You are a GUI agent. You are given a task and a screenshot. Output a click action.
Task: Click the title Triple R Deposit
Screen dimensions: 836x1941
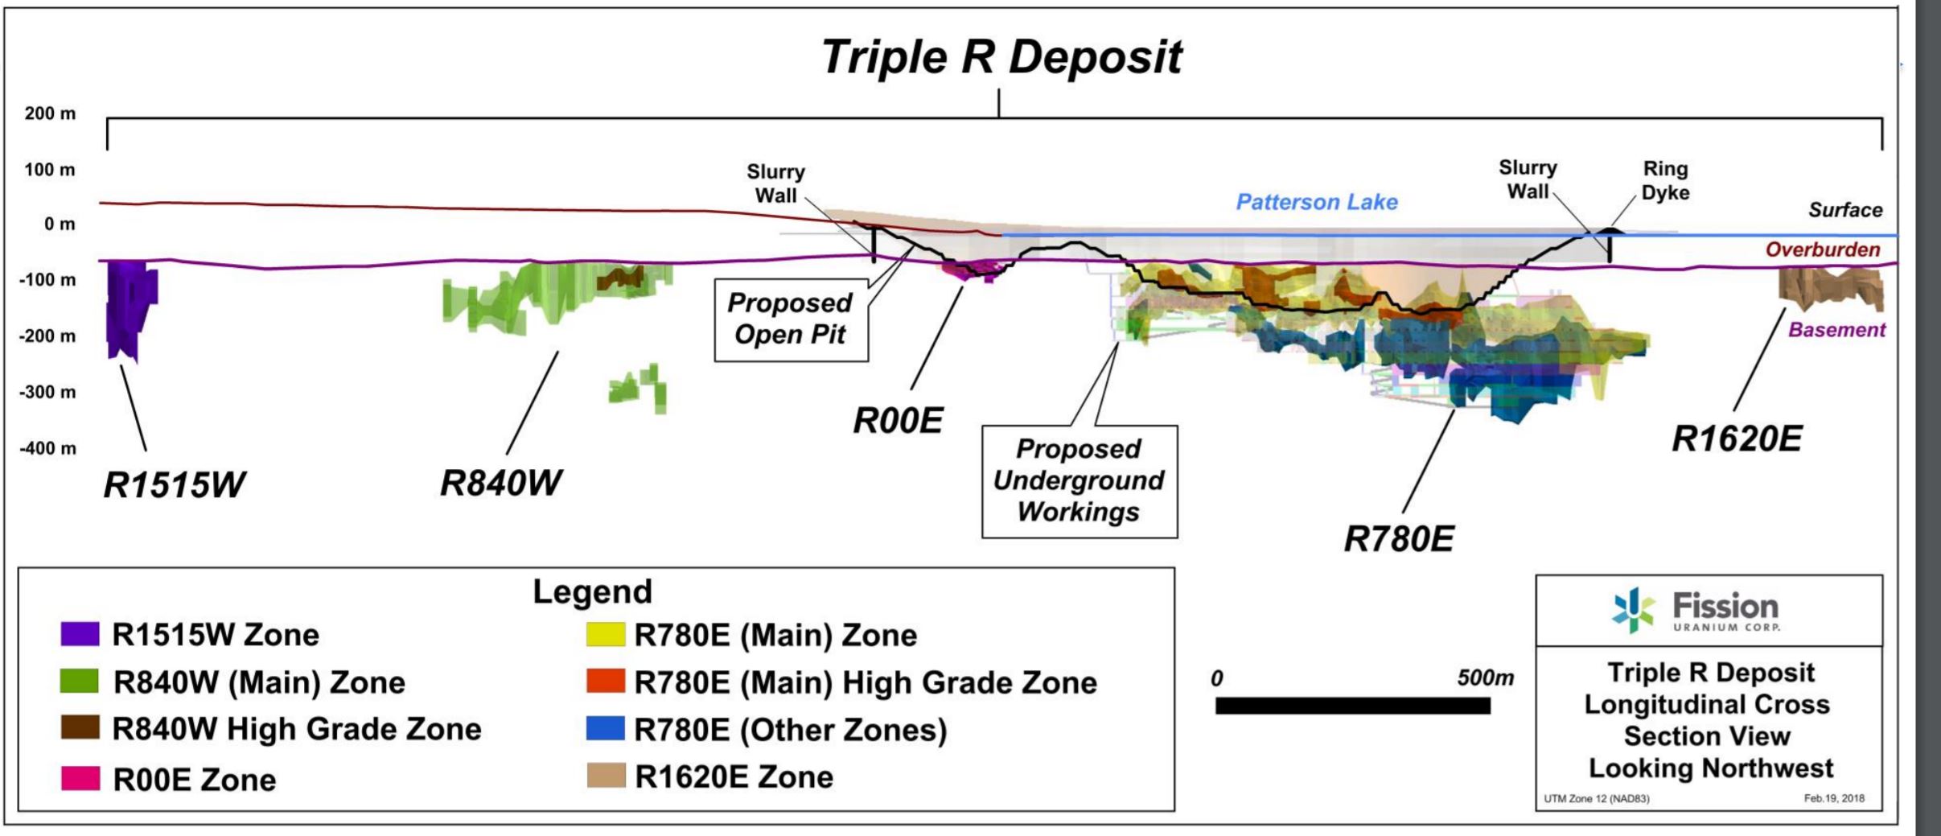(x=1001, y=57)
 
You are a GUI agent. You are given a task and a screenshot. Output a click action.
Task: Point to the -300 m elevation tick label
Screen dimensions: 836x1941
(x=48, y=393)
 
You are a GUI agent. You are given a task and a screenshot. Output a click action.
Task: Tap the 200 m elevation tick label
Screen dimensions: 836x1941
(x=50, y=113)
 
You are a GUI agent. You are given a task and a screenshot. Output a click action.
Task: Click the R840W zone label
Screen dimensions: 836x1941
(x=500, y=483)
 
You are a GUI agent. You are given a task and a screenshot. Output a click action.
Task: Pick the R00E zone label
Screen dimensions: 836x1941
(x=898, y=420)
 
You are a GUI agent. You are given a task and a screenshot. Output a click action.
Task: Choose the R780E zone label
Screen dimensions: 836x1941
(x=1399, y=539)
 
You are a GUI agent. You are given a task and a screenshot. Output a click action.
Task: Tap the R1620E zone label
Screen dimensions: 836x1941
(x=1737, y=439)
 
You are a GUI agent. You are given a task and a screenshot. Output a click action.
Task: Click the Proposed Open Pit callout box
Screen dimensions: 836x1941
(x=791, y=319)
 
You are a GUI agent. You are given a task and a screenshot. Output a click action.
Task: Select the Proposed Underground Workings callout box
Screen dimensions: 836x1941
(x=1079, y=480)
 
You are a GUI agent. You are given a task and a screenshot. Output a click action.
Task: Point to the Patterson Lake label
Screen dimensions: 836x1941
(x=1317, y=202)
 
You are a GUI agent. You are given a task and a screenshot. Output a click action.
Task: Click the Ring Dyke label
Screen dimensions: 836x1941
(x=1665, y=181)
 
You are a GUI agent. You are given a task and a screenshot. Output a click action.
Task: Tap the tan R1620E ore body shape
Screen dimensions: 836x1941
(x=1830, y=288)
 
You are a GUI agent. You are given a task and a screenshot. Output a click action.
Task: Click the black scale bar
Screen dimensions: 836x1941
(x=1352, y=706)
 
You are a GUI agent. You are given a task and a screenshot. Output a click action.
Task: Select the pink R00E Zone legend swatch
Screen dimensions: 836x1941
(x=80, y=778)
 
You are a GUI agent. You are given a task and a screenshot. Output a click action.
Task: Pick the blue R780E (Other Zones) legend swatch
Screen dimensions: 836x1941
(x=606, y=729)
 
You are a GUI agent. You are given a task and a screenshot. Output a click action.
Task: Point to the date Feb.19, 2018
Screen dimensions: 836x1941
(x=1834, y=798)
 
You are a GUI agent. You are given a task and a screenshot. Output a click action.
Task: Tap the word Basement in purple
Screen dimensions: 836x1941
(x=1836, y=330)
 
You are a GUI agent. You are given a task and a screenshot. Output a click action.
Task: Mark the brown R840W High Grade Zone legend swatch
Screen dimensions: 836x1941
(x=80, y=728)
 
